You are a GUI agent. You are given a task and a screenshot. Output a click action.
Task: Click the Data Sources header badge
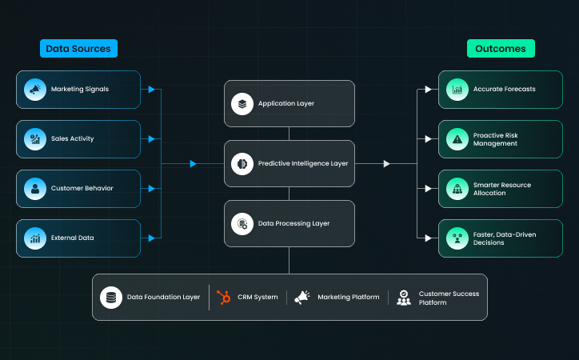78,49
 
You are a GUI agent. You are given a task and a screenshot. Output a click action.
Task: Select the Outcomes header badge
501,49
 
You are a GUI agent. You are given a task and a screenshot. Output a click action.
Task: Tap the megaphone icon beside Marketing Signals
34,90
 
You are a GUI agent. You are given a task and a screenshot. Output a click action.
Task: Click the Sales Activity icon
34,139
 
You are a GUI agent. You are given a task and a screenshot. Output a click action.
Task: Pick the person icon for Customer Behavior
34,189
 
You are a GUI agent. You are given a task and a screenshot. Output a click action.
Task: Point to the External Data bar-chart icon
34,238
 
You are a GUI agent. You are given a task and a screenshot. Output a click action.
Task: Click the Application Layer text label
286,104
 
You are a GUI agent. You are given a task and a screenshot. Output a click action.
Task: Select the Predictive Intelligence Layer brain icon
242,164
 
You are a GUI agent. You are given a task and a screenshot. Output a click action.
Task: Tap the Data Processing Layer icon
242,224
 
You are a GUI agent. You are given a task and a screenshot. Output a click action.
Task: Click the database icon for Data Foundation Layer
110,298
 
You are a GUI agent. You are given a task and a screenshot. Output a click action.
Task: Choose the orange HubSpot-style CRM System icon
223,298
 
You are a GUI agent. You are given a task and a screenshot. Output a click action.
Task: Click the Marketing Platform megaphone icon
301,298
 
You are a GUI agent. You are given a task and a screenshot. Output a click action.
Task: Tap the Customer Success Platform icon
404,298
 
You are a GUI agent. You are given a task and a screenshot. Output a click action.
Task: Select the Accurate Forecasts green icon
457,90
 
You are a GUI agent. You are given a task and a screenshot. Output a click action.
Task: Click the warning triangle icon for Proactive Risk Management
457,139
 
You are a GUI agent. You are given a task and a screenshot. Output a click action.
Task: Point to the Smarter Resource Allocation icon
457,189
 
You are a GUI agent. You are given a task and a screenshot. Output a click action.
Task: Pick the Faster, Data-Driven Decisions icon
457,238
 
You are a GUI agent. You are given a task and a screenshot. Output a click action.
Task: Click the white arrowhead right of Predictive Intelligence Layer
387,164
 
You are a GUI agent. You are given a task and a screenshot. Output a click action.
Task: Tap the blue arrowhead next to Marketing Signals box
152,90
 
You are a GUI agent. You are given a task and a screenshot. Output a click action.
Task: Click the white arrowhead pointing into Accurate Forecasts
429,90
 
